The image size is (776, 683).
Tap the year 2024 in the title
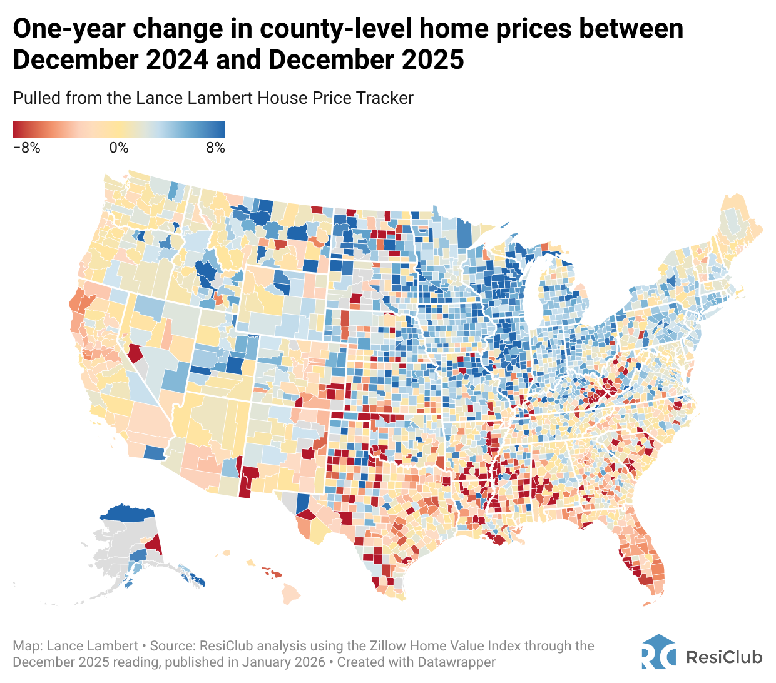[173, 60]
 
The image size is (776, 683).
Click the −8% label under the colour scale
[26, 148]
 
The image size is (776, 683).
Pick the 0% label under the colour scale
[118, 148]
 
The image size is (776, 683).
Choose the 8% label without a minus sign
[215, 148]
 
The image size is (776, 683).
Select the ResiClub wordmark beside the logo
[724, 657]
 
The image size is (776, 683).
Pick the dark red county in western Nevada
[135, 353]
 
